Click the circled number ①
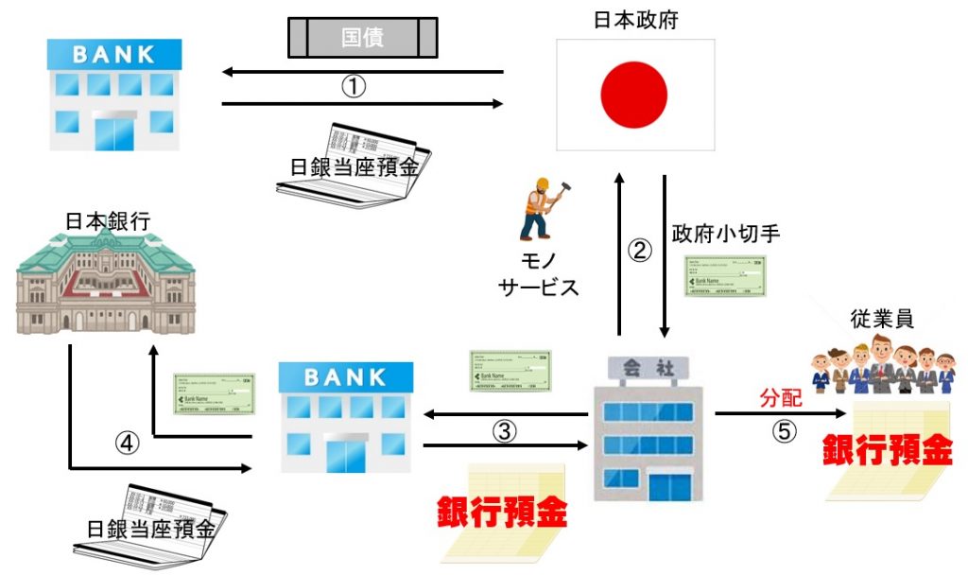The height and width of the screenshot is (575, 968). tap(353, 87)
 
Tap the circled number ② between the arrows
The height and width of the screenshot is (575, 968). tap(641, 252)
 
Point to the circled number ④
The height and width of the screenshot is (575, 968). tap(127, 442)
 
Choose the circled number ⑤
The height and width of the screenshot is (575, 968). tap(785, 430)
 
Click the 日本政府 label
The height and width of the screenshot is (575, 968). tap(633, 18)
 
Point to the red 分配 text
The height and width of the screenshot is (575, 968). tap(782, 398)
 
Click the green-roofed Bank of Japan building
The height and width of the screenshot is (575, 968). tap(106, 283)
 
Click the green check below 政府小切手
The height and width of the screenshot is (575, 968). tap(725, 276)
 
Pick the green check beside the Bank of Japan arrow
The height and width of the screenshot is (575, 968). tap(214, 392)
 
